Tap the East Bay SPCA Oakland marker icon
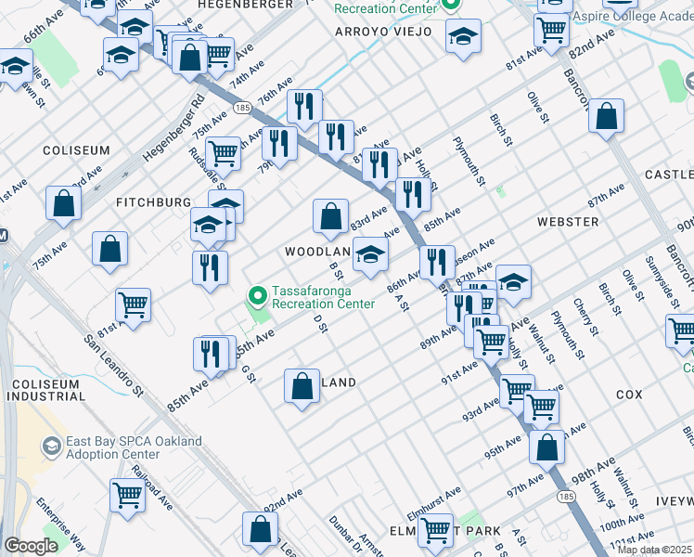click(x=51, y=448)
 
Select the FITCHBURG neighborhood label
click(x=153, y=201)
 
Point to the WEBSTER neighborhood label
click(x=567, y=222)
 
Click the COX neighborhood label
click(x=629, y=395)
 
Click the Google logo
click(x=31, y=546)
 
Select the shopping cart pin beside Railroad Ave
click(x=126, y=494)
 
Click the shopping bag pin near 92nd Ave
click(x=261, y=529)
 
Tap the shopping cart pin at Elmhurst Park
click(x=433, y=531)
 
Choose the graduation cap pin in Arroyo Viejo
click(x=463, y=36)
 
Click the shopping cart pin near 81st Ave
click(x=133, y=304)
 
